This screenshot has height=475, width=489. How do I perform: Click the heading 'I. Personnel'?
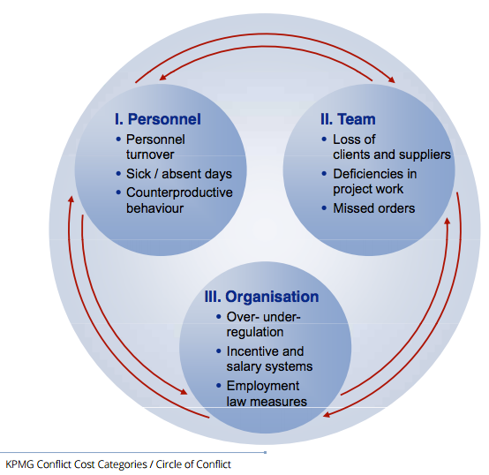pos(158,119)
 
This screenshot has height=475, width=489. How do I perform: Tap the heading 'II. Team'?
pos(348,119)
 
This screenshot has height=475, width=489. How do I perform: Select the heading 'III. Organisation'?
pos(261,297)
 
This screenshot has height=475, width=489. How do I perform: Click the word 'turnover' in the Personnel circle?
pos(150,155)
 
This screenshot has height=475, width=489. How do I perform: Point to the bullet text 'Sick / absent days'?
pos(179,174)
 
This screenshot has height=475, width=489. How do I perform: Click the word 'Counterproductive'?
pos(179,192)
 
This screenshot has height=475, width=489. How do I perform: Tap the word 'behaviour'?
pos(154,208)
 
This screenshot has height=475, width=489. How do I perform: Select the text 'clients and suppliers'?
pos(392,155)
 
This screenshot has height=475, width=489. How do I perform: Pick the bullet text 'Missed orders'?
pos(374,208)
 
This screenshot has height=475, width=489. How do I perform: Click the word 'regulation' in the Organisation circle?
pos(255,332)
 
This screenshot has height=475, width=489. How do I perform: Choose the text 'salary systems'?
pos(269,366)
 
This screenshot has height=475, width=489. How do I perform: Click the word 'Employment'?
pos(263,386)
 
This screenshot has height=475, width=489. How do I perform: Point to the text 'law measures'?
pos(267,402)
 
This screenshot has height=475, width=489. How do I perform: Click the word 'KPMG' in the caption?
pos(19,464)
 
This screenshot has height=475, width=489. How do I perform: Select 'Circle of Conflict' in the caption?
pos(193,464)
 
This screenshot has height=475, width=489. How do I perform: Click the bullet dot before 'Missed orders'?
pos(324,208)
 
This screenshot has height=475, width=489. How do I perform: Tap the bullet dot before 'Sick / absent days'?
pos(118,174)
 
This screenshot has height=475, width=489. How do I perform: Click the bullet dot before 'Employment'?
pos(219,386)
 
